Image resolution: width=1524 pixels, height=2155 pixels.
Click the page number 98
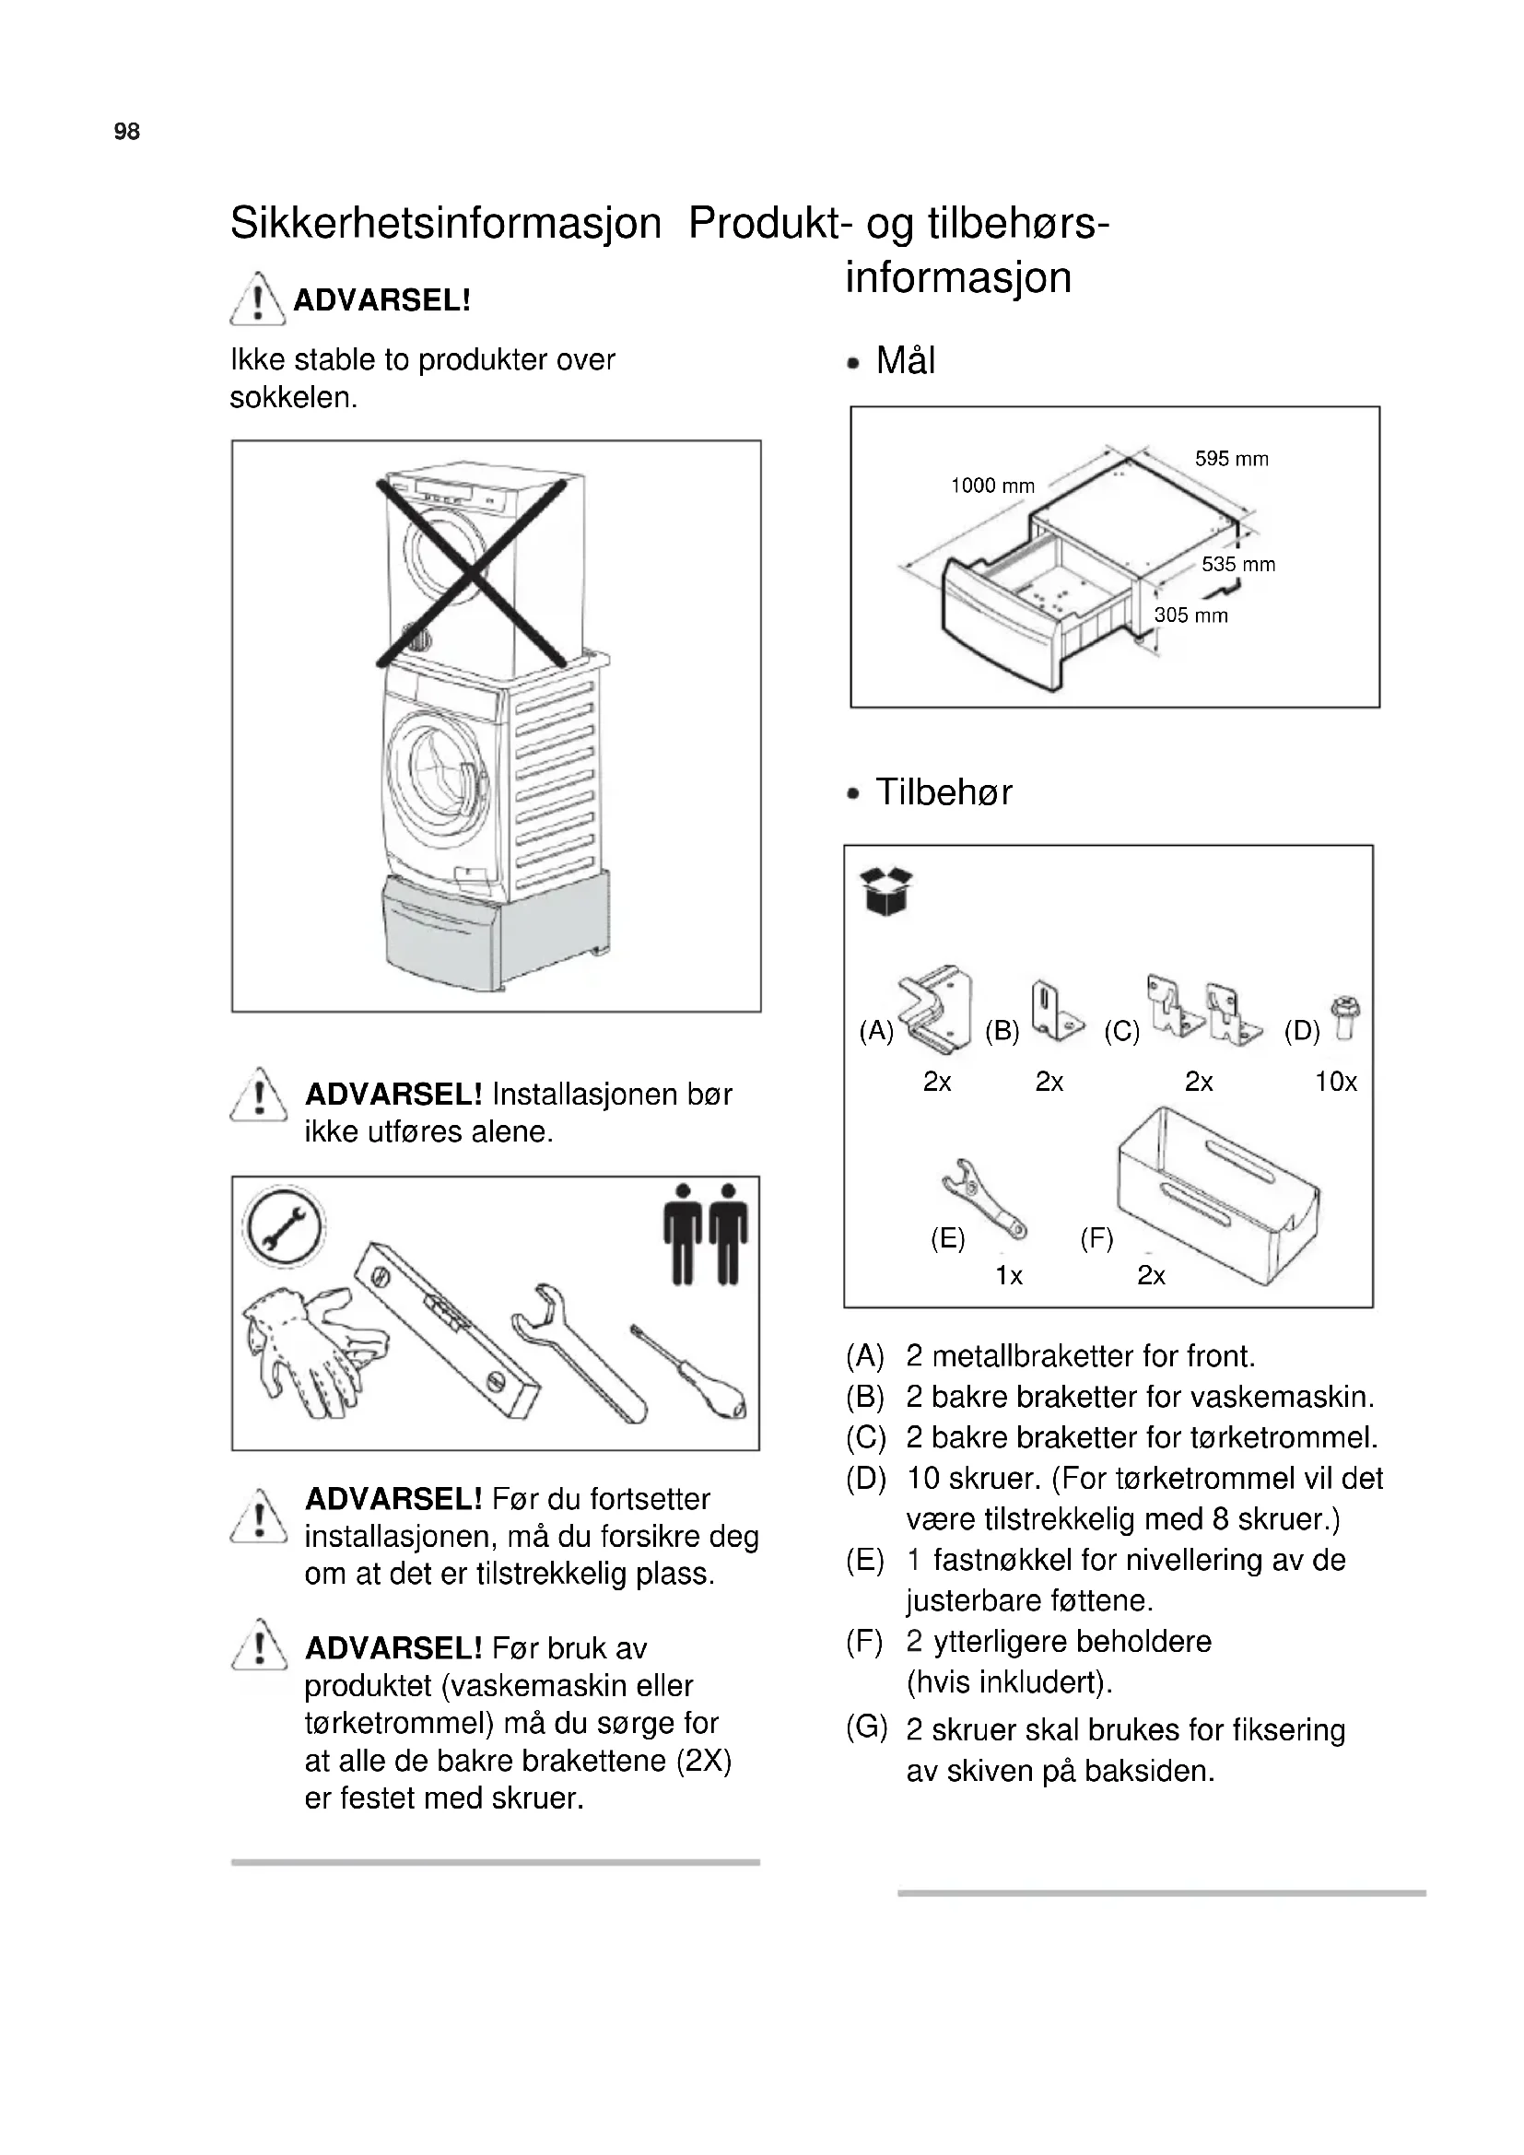[126, 132]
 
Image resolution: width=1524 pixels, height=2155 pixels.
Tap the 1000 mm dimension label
[992, 486]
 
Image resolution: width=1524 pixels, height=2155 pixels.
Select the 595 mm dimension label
[1231, 459]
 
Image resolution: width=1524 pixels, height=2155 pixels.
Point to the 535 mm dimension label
[1237, 565]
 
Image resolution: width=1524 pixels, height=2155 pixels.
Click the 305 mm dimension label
[1190, 615]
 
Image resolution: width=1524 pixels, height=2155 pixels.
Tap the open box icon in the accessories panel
[885, 891]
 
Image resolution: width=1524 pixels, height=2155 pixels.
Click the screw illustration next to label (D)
[1345, 1016]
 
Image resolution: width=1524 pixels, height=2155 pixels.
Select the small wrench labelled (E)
[983, 1200]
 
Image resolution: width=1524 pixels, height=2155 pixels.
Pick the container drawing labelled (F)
[1218, 1196]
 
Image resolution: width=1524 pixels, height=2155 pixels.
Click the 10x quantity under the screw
[1335, 1083]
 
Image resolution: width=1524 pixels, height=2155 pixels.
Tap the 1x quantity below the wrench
[1009, 1275]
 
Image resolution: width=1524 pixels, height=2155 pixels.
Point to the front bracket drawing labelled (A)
[934, 1009]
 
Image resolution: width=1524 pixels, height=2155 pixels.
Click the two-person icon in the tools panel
[706, 1234]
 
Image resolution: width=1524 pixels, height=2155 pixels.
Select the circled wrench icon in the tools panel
[283, 1226]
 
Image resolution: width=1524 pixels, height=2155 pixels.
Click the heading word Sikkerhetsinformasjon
[446, 223]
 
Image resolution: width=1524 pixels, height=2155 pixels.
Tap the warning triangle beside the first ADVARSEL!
[257, 299]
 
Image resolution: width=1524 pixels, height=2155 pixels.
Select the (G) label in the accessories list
[865, 1727]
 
